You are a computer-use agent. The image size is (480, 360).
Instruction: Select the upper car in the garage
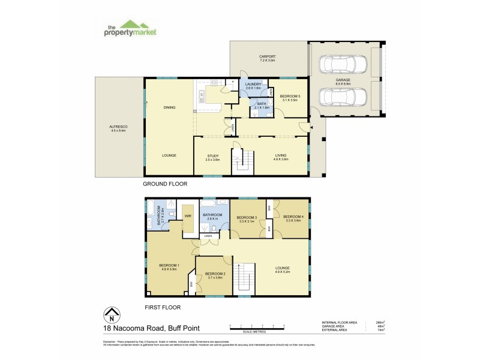pos(343,64)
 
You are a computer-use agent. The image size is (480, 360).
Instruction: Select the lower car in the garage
pos(343,96)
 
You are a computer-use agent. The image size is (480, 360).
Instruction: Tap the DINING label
pos(169,108)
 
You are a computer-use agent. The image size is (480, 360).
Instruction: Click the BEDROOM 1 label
pos(169,266)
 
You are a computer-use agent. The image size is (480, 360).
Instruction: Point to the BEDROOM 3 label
pos(247,218)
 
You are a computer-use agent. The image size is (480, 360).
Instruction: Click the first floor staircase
pos(243,280)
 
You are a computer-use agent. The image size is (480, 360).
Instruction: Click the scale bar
pos(260,328)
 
